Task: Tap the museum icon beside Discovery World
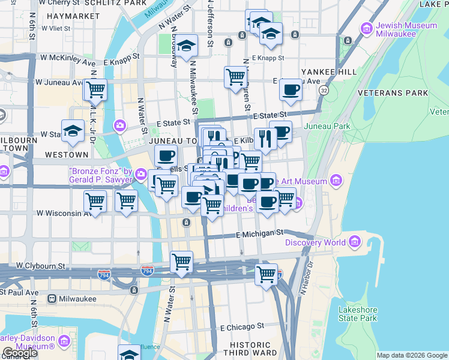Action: (355, 242)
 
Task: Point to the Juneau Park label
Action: (327, 127)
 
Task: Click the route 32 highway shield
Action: (324, 90)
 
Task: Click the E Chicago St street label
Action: (242, 328)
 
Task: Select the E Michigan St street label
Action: (259, 232)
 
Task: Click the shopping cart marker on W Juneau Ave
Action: (95, 90)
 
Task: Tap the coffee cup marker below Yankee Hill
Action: (291, 90)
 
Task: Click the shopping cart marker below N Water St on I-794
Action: (181, 262)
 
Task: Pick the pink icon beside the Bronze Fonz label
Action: (140, 174)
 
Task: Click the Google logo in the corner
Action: (20, 353)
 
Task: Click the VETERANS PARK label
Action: (393, 93)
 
